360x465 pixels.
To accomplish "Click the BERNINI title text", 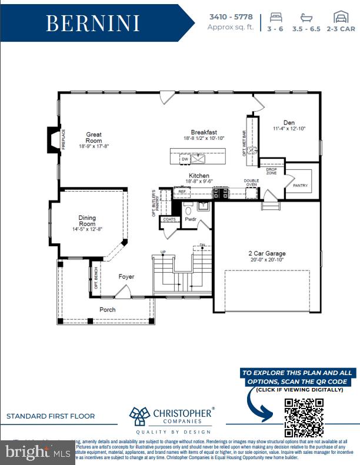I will [x=93, y=24].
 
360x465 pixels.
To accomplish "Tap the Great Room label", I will [x=94, y=138].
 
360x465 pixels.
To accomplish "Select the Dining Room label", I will [x=87, y=221].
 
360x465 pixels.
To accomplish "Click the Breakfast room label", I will [x=204, y=132].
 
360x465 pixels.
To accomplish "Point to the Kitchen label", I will [x=199, y=176].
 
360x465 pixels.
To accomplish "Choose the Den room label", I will [x=289, y=122].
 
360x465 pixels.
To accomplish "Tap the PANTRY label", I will [x=300, y=186].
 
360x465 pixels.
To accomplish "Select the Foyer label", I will [x=126, y=276].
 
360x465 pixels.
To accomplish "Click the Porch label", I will [x=107, y=309].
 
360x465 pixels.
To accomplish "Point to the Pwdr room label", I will [x=191, y=219].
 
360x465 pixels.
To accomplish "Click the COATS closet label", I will [x=169, y=219].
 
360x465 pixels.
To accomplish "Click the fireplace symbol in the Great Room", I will [x=54, y=139].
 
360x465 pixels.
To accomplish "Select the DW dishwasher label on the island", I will [x=185, y=159].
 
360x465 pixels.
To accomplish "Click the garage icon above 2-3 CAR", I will [x=341, y=16].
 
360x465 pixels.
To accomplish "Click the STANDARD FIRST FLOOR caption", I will [x=51, y=416].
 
